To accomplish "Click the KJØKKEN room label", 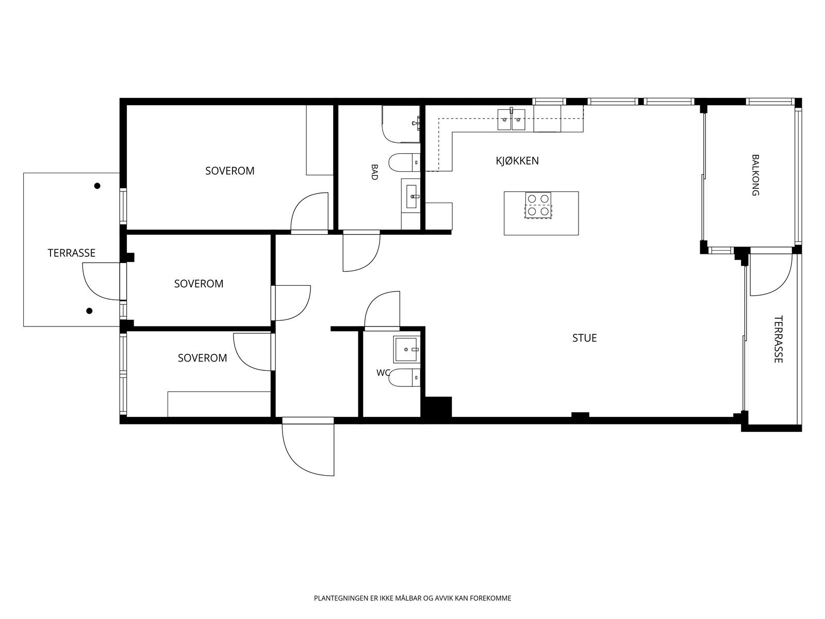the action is coord(517,161).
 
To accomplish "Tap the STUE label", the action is coord(584,338).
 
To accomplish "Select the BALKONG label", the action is coord(755,175).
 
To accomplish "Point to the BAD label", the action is coord(374,172).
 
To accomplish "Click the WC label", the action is coord(383,372).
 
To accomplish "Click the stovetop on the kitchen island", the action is coord(538,205).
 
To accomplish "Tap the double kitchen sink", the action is coord(511,120).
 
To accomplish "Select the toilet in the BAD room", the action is coord(404,162).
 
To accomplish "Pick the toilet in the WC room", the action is coord(404,378).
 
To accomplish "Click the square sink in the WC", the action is coord(406,350).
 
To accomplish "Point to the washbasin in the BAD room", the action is coord(410,196).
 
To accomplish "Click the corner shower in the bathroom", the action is coord(401,124).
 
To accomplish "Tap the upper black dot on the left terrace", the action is coord(97,186).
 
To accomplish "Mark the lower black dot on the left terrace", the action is coord(89,311).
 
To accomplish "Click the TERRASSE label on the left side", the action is coord(71,253).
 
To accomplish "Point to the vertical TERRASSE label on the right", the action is coord(778,339).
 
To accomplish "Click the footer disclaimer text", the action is coord(412,598).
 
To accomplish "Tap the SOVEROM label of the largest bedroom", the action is coord(229,171).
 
